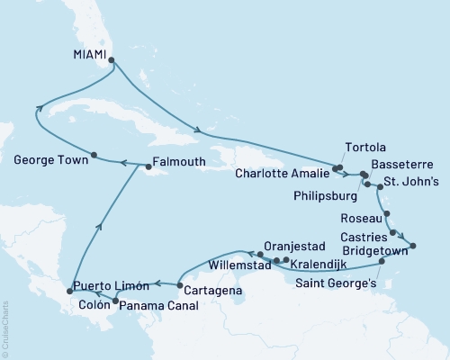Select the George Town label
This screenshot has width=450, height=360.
49,163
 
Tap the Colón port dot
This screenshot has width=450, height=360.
114,298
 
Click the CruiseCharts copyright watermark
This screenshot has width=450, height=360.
5,328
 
